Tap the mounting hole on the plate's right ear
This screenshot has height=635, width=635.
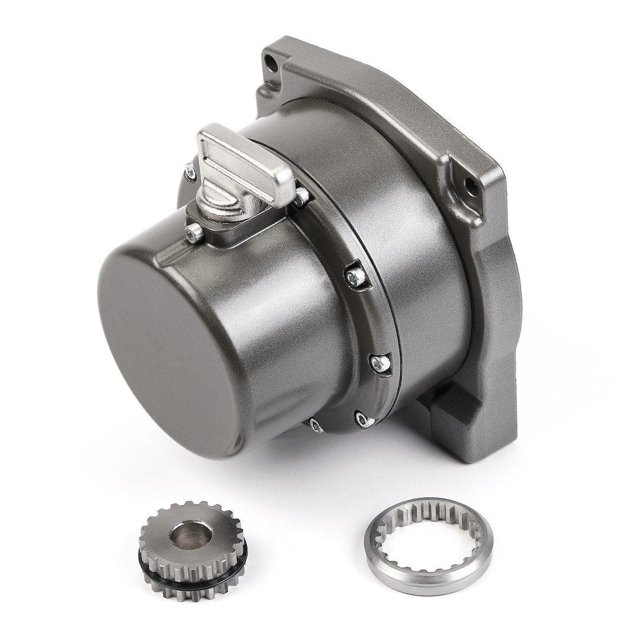pyautogui.click(x=470, y=187)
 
